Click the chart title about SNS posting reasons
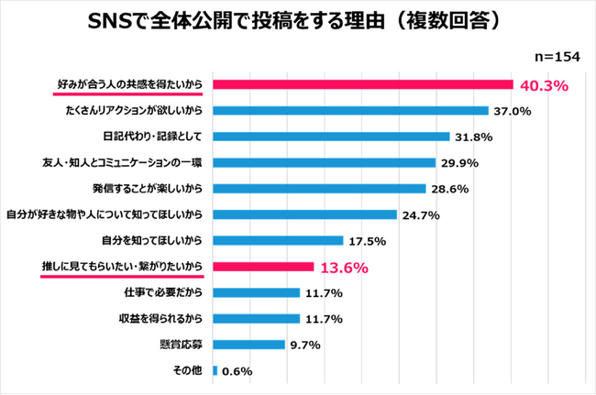coord(297,21)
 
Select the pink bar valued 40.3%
coord(362,85)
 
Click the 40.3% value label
coord(545,86)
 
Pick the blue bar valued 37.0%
coord(350,111)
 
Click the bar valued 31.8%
coord(331,137)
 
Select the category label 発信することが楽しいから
coord(146,189)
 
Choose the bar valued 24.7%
coord(304,215)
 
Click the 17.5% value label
coord(365,241)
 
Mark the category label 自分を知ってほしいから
coord(151,241)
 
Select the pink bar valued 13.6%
coord(263,268)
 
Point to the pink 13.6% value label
coord(344,269)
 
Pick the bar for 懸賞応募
coord(248,345)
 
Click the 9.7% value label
coord(304,346)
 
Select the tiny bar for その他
coord(215,371)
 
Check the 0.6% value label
coord(236,371)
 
